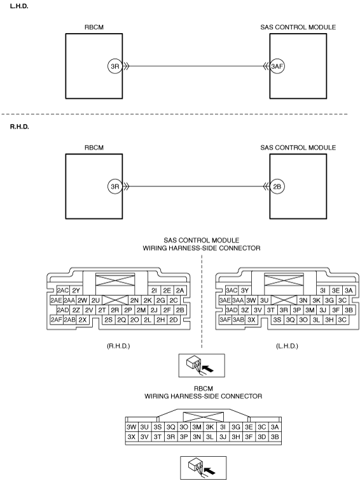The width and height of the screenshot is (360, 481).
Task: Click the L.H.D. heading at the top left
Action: coord(19,6)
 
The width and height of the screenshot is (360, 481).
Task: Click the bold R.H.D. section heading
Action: coord(19,127)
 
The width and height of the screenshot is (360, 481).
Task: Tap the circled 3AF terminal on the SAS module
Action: coord(277,66)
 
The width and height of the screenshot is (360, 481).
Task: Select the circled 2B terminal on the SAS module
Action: coord(277,186)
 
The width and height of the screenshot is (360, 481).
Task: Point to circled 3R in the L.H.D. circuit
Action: coord(115,66)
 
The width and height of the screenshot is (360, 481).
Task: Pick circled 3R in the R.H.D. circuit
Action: coord(115,186)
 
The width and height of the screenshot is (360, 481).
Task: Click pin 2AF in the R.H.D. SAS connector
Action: coord(57,320)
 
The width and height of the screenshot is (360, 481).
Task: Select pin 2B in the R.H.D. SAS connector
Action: coord(180,310)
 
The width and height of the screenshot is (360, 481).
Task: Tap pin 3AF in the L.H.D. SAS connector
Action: coord(225,320)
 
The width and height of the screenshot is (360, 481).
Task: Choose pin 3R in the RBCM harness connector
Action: coord(170,437)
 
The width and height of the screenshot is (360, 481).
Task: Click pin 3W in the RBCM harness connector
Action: coord(131,427)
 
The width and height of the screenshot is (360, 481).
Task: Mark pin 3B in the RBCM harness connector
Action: coord(275,437)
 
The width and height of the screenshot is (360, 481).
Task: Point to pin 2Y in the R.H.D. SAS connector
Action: coord(76,291)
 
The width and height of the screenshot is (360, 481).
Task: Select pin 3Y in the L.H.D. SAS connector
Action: coord(245,291)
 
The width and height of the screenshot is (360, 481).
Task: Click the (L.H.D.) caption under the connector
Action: coord(287,346)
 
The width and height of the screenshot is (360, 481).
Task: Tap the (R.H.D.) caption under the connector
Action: coord(118,346)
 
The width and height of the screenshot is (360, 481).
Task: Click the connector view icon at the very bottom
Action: coord(204,468)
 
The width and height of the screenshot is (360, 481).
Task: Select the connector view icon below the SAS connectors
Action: coord(202,366)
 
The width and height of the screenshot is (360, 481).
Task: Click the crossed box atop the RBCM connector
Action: coord(204,417)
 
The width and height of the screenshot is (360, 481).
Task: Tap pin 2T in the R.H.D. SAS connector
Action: coord(102,310)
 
